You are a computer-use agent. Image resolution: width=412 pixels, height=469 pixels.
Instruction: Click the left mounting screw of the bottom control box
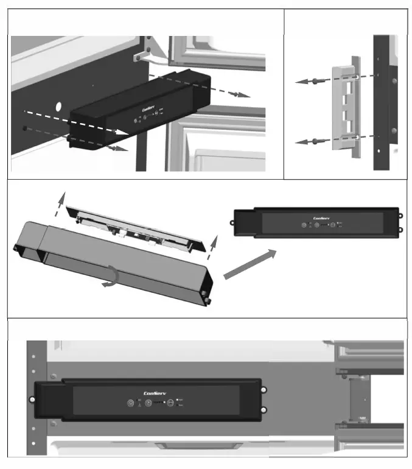pos(32,400)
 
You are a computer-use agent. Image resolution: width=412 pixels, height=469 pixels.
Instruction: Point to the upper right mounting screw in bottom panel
pos(263,390)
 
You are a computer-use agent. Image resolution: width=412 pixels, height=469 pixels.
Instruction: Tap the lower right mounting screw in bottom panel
pos(263,409)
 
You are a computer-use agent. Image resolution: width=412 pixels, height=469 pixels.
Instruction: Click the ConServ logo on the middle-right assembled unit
pos(321,217)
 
